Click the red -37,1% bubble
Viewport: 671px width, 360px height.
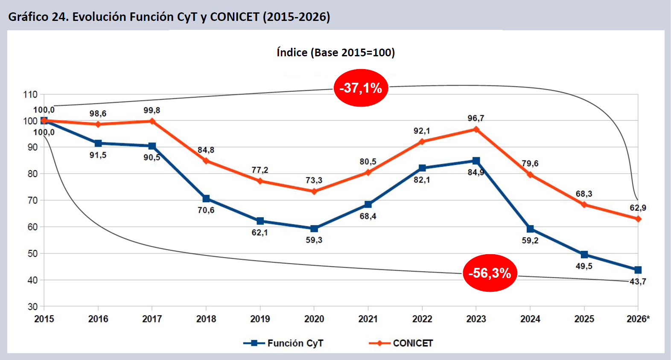[x=361, y=88]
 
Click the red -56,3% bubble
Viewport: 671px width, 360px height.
[x=490, y=273]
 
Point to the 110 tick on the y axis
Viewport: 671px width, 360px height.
[x=30, y=94]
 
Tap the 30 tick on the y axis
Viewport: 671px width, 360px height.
[x=32, y=307]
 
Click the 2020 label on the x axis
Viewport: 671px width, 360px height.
[x=314, y=319]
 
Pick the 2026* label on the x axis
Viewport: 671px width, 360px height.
[x=638, y=319]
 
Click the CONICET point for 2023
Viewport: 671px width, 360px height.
[x=476, y=129]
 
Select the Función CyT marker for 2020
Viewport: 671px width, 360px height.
[x=314, y=229]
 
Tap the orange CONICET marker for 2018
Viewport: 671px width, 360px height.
[x=206, y=161]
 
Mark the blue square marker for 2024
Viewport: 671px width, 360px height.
[x=530, y=229]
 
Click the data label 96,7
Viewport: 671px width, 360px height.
[x=476, y=118]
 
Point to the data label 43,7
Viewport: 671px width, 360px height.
[x=638, y=282]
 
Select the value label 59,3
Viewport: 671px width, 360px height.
[x=314, y=240]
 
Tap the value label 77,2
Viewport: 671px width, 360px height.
[x=260, y=170]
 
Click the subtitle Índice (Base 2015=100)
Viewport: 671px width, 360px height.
[x=335, y=52]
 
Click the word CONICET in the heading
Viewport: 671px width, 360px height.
[x=234, y=17]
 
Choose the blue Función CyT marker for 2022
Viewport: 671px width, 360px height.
[x=422, y=168]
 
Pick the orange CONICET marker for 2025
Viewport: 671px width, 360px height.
[x=584, y=205]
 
